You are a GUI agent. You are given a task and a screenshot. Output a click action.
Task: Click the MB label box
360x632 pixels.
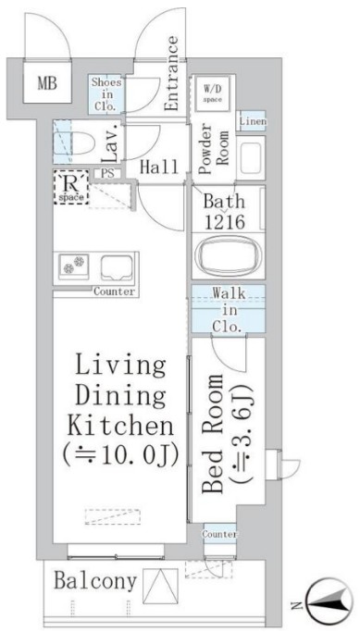coord(46,85)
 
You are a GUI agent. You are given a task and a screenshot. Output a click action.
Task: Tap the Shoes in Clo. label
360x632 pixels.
coord(105,93)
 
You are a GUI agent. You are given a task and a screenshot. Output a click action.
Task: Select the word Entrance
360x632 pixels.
coord(172,73)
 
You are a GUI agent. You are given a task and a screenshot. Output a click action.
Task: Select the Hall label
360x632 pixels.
coord(158,167)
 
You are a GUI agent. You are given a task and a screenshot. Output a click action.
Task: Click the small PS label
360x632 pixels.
coord(107,172)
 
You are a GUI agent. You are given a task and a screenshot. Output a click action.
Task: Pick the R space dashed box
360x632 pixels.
coord(70,188)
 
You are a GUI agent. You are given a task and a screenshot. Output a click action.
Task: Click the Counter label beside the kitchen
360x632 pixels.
coord(114,291)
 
